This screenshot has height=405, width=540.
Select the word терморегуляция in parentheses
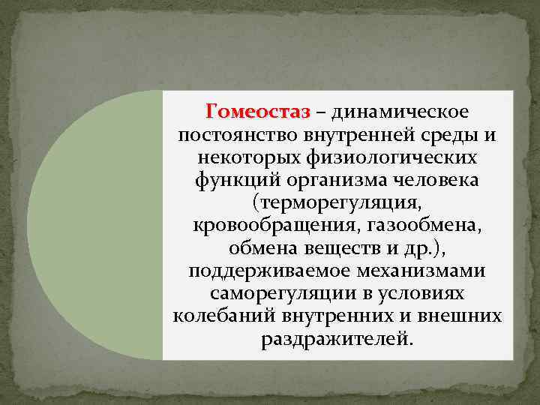coord(337,204)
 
